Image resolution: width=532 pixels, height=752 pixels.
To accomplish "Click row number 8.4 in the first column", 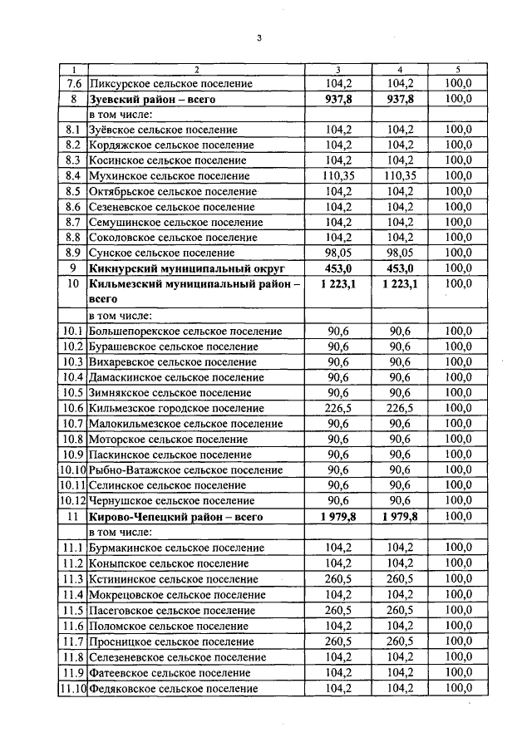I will point(72,176).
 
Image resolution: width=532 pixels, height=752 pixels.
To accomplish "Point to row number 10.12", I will point(72,501).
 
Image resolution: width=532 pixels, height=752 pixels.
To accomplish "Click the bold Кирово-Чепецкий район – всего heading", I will point(163,517).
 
